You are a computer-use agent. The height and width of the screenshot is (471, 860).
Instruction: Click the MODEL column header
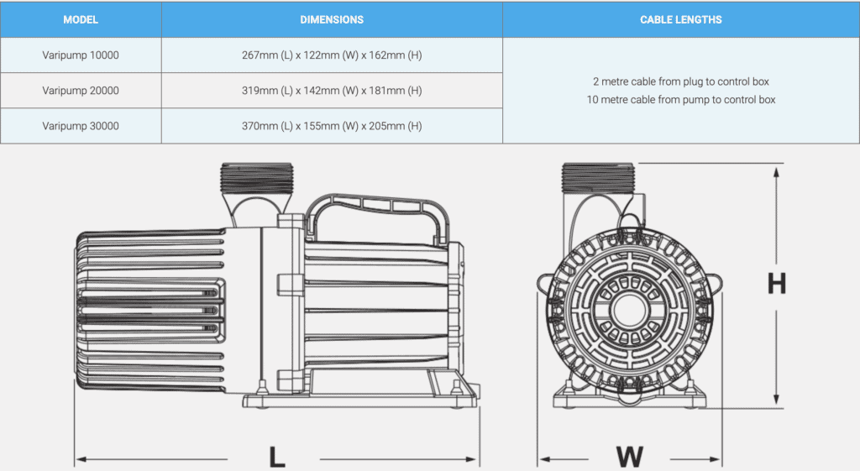pyautogui.click(x=81, y=20)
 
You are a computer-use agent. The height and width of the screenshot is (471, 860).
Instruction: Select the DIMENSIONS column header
pyautogui.click(x=332, y=20)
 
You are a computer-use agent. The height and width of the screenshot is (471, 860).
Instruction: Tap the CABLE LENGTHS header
pyautogui.click(x=680, y=20)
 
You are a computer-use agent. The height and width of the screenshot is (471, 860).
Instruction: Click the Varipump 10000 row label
pyautogui.click(x=81, y=55)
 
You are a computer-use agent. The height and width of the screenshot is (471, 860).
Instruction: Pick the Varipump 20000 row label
pyautogui.click(x=81, y=91)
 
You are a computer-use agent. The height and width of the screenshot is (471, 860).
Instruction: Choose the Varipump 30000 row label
pyautogui.click(x=81, y=126)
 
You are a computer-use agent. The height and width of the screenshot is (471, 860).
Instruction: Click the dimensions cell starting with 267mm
pyautogui.click(x=332, y=55)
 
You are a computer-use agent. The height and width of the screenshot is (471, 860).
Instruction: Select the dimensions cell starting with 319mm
pyautogui.click(x=332, y=91)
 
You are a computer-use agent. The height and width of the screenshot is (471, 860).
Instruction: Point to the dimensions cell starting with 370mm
pyautogui.click(x=332, y=126)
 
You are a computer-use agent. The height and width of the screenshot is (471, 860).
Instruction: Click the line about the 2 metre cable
pyautogui.click(x=680, y=81)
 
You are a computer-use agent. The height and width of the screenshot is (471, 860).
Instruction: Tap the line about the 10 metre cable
pyautogui.click(x=680, y=100)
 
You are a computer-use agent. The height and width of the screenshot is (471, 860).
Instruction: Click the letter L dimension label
pyautogui.click(x=277, y=457)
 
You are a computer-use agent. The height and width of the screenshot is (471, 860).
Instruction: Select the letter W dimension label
pyautogui.click(x=630, y=457)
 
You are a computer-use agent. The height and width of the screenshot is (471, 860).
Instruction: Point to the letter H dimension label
pyautogui.click(x=777, y=283)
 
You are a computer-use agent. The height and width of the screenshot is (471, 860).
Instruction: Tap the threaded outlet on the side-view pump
pyautogui.click(x=257, y=178)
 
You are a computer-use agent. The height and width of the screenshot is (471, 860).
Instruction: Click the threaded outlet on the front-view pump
pyautogui.click(x=598, y=178)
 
